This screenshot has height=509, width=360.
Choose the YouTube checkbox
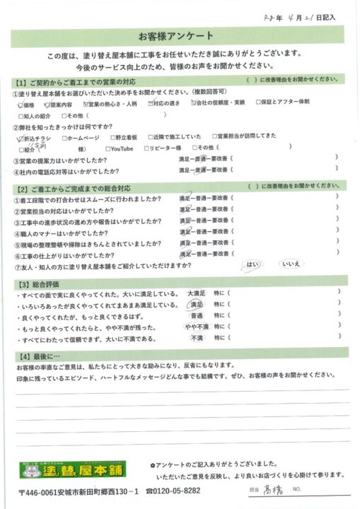point(108,149)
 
